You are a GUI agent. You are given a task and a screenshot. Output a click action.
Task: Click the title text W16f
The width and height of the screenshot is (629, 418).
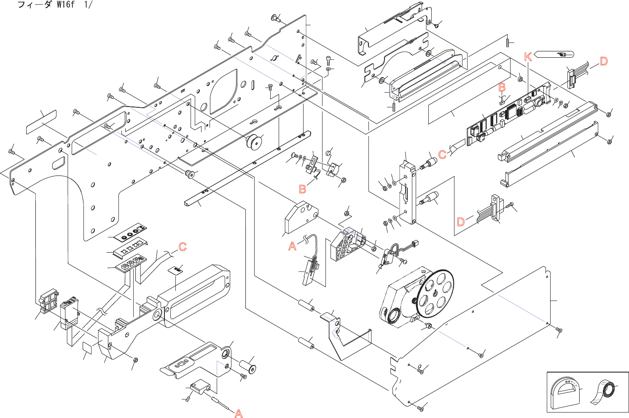66,5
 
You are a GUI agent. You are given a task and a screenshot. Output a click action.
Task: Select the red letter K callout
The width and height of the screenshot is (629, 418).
528,57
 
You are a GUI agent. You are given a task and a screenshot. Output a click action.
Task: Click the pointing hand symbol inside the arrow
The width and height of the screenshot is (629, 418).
562,54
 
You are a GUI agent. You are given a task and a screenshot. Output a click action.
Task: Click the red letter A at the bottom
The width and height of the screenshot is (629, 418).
239,413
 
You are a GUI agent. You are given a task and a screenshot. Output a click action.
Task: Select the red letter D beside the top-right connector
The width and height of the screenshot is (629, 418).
604,61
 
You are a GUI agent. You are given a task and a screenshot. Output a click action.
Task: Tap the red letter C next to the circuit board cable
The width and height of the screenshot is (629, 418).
442,154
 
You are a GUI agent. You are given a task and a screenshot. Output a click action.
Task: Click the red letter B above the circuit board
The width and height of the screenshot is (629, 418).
502,88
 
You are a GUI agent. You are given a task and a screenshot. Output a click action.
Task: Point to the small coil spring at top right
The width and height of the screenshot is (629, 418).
508,42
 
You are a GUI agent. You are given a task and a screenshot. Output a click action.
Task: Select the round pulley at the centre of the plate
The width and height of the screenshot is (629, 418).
254,142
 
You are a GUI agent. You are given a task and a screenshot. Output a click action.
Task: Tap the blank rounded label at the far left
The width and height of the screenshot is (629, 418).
41,122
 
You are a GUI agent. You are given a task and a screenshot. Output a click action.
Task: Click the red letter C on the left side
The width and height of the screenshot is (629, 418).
183,247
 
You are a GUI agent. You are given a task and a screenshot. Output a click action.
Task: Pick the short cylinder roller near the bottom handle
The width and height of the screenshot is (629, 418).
247,367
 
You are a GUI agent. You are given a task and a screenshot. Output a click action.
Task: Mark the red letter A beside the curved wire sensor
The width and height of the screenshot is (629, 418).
292,246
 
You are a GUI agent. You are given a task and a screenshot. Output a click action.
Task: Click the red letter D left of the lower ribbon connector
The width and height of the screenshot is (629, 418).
461,222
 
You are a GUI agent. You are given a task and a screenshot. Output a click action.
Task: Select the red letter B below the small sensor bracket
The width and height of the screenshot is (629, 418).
302,189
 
